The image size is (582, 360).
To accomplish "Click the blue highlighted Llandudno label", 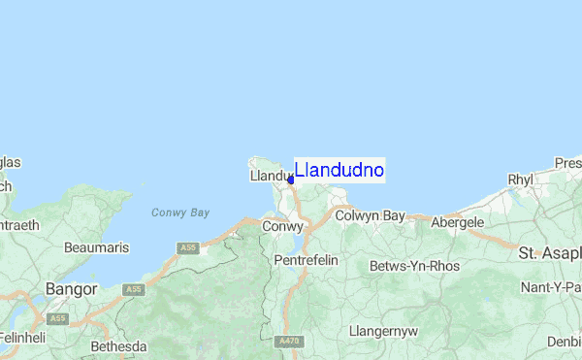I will pos(339,170).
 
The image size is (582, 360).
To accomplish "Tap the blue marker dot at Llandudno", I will pos(291,180).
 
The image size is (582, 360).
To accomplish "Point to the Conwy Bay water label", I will pos(180,213).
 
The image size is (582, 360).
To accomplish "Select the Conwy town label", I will pos(283,226).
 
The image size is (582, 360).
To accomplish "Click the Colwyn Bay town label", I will pos(370,215).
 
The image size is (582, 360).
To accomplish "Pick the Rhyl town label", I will pos(521,180).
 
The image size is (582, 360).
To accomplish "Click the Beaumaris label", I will pos(96,247).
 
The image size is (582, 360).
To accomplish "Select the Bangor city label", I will pos(72,289).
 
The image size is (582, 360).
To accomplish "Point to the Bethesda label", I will pos(118,346).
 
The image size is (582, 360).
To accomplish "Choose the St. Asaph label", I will pos(550,253).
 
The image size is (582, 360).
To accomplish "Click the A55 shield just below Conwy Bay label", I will pos(188,248).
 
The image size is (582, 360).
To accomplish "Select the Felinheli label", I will pos(22,338).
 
